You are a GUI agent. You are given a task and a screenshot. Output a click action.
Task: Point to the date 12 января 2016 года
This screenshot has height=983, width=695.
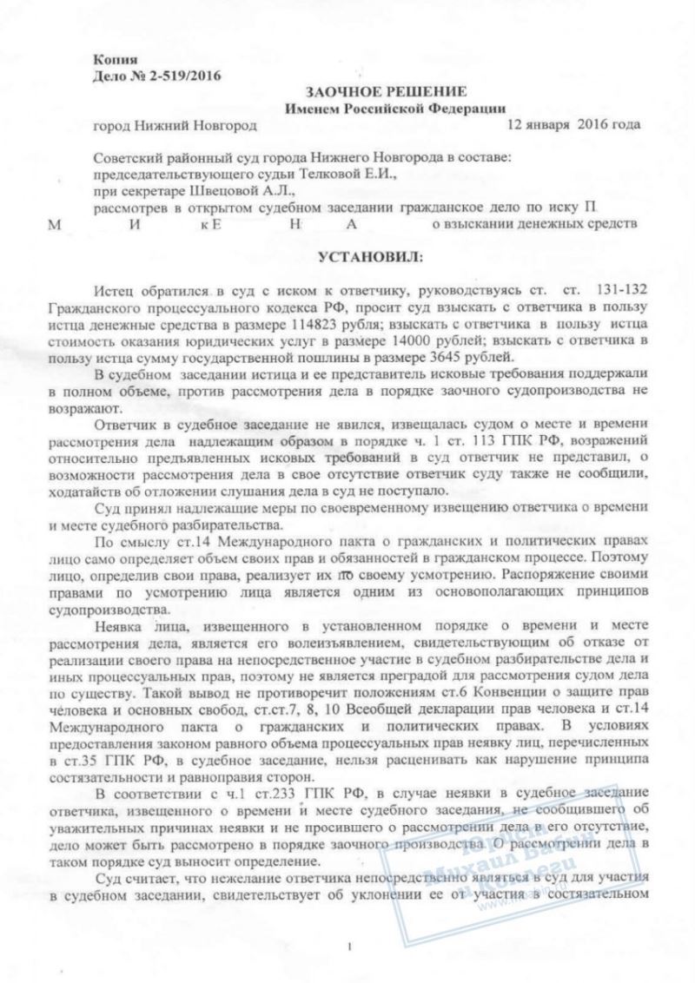(x=574, y=123)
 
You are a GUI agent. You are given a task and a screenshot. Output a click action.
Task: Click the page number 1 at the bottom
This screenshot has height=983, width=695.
(x=347, y=946)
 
